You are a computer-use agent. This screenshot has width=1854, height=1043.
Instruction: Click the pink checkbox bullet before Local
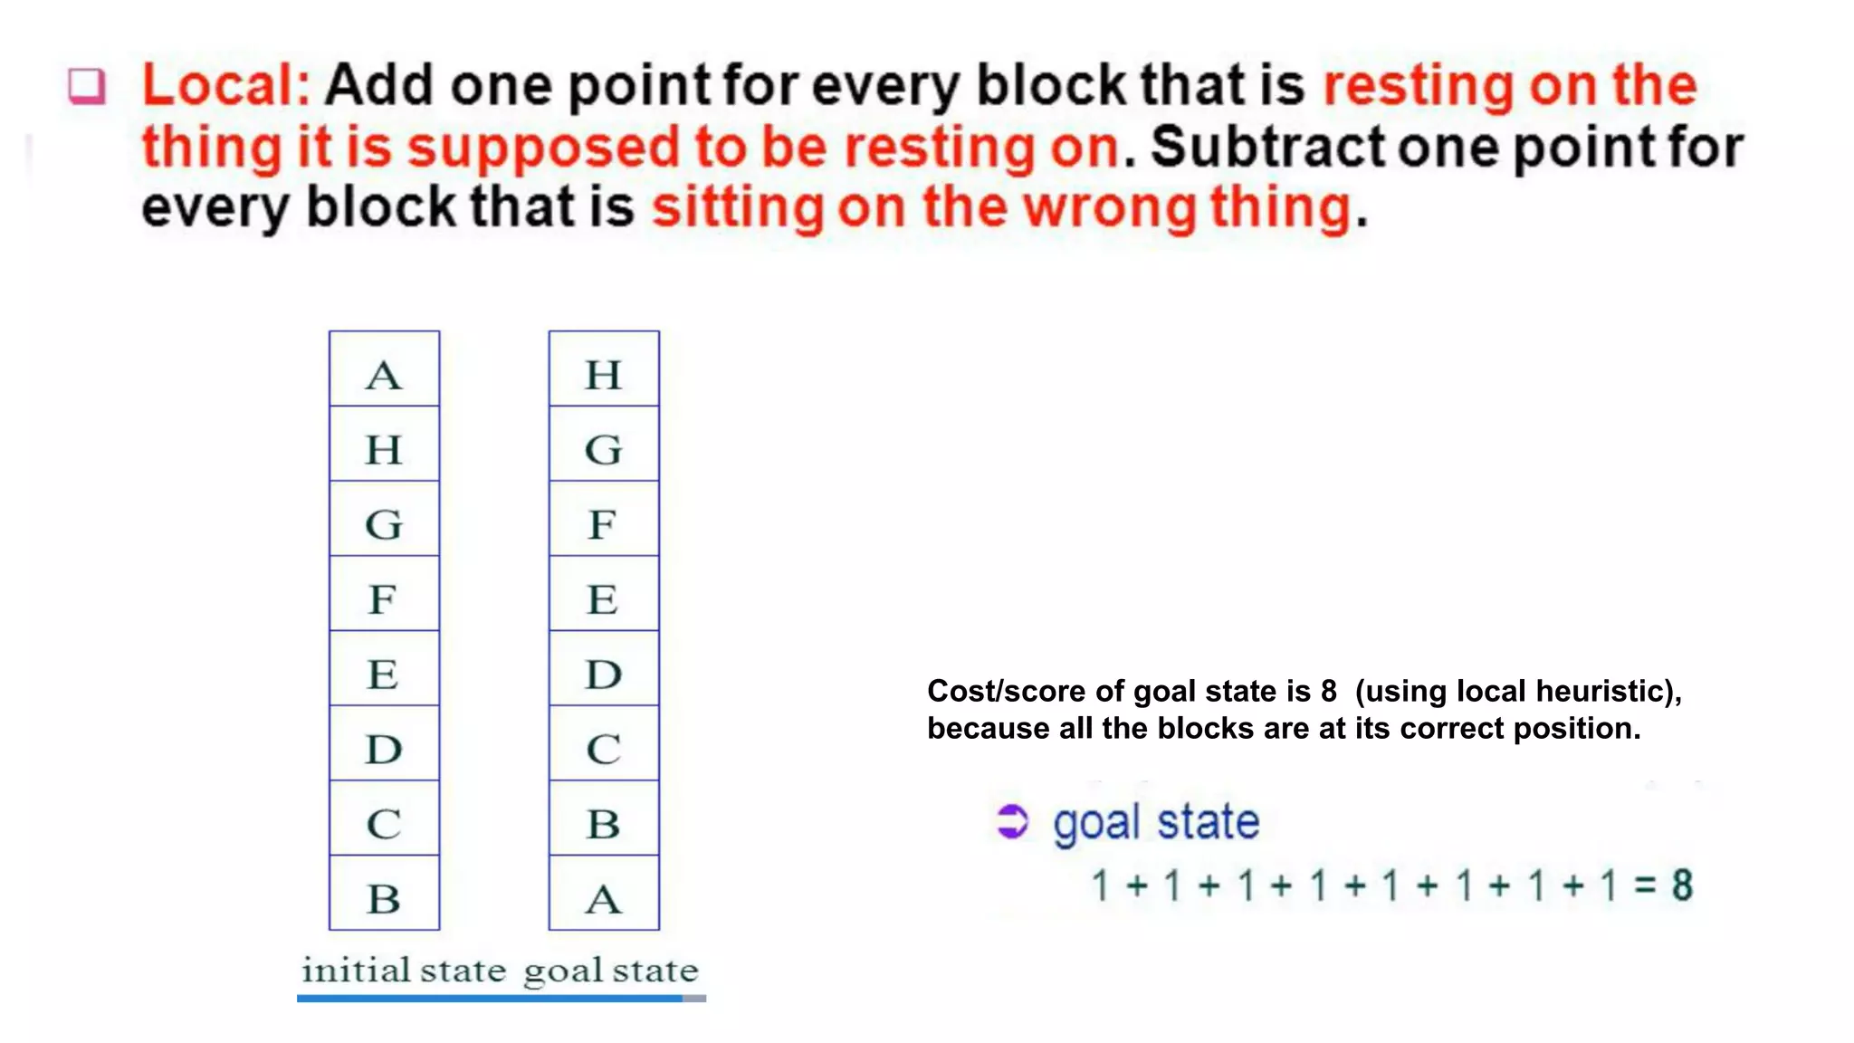click(x=88, y=87)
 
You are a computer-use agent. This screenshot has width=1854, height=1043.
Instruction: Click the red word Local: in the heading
click(x=226, y=85)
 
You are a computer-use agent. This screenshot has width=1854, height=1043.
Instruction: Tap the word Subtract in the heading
click(x=1268, y=147)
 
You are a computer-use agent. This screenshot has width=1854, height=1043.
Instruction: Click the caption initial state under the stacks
click(x=404, y=971)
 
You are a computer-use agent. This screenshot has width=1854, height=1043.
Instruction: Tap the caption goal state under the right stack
click(x=611, y=971)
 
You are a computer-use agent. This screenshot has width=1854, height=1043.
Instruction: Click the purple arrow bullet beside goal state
click(x=1012, y=822)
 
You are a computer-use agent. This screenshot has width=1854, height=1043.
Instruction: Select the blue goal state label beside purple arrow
click(x=1156, y=822)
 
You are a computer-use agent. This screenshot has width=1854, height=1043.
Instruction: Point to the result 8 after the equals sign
click(x=1682, y=885)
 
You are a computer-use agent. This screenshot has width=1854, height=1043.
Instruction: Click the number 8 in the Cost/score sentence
click(x=1328, y=692)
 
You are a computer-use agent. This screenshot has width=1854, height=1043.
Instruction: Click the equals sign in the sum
click(x=1645, y=885)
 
